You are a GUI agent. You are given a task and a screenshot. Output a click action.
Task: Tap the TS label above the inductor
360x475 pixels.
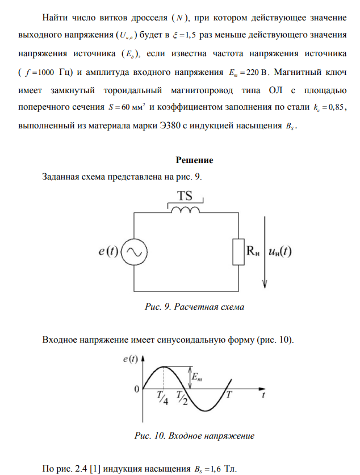pyautogui.click(x=183, y=196)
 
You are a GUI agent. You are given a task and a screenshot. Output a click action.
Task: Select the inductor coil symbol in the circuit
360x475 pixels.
pyautogui.click(x=183, y=211)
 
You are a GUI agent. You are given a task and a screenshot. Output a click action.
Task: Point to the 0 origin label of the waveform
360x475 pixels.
pyautogui.click(x=136, y=390)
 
